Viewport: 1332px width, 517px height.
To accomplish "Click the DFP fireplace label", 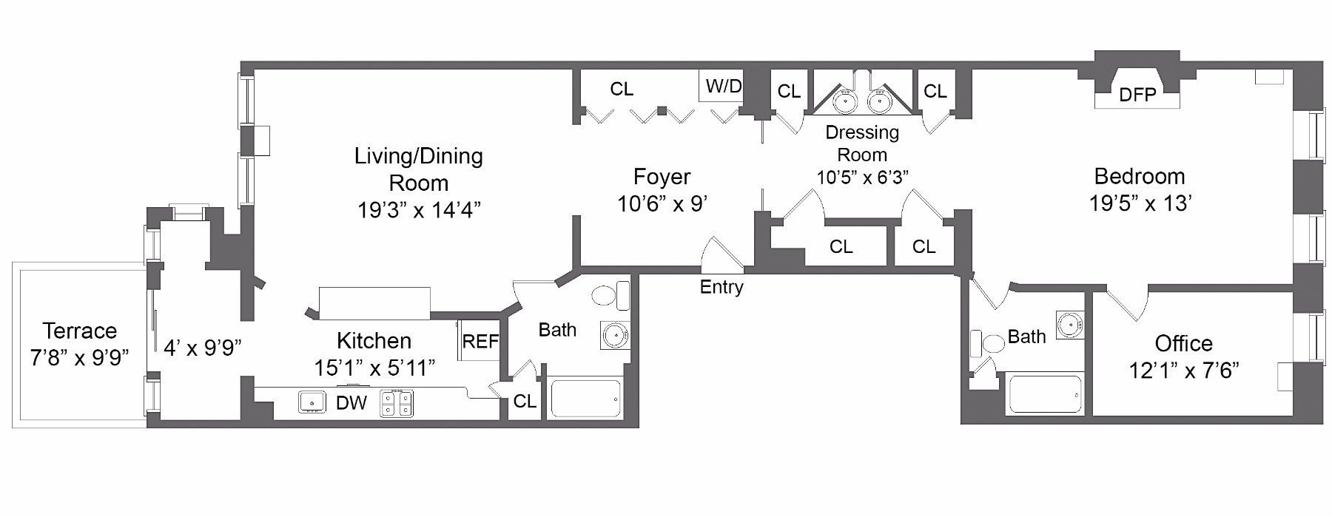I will pos(1137,95).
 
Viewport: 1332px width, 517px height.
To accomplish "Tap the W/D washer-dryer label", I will pos(723,87).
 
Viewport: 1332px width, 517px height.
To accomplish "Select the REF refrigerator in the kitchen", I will pos(480,341).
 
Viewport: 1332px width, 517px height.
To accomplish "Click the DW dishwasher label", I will pos(351,403).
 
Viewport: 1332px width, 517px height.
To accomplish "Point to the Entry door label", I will pos(721,287).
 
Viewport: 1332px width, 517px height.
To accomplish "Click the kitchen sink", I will pos(312,402).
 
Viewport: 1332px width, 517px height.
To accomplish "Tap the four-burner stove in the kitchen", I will pos(397,403).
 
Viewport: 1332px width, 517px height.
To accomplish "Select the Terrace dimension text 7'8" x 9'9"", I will pos(79,358).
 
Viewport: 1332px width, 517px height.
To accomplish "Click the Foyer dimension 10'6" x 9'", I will pos(662,203).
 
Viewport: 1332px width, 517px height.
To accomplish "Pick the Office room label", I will pos(1183,343).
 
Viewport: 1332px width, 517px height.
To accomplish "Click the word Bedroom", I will pos(1140,176).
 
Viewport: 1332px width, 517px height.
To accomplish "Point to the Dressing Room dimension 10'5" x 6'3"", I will pos(862,178).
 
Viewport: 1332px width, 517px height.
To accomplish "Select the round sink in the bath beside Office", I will pos(1068,325).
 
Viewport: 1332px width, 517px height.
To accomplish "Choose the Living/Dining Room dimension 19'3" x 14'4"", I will pos(419,210).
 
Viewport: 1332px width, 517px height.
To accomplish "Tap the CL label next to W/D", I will pos(622,89).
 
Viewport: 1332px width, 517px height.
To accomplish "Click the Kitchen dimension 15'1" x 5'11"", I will pos(374,368).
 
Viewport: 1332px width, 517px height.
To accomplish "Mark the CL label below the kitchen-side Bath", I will pos(525,401).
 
